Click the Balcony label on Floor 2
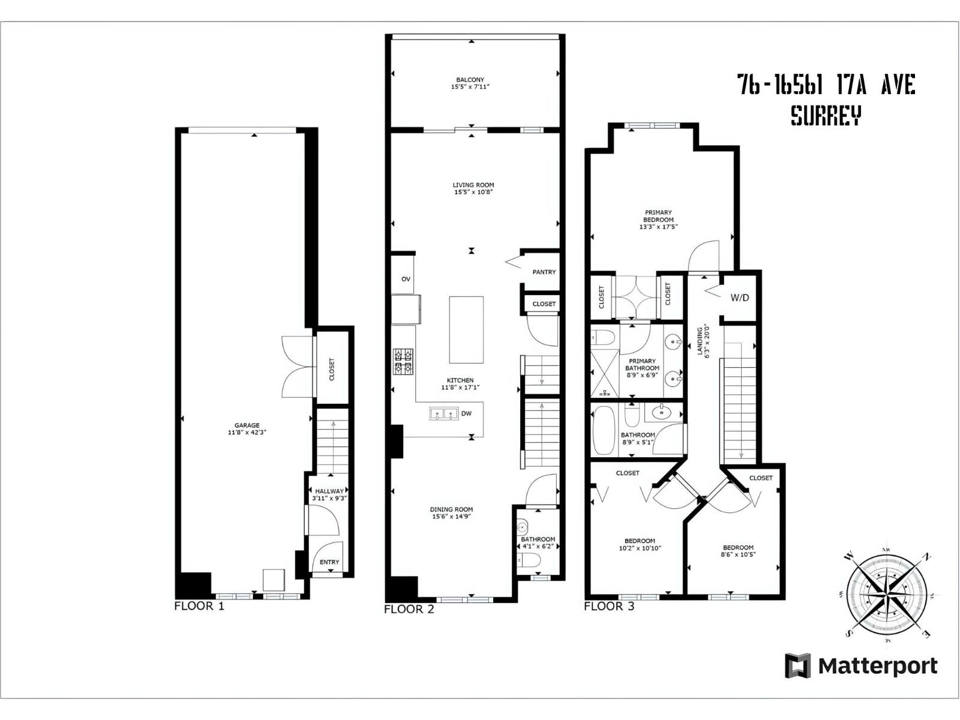point(470,80)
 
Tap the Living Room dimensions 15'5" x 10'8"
point(473,193)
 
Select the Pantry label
point(544,272)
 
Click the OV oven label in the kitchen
point(406,279)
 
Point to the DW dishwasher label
point(466,413)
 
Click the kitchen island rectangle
point(466,329)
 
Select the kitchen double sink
point(443,413)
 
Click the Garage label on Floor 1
point(247,425)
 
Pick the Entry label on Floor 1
point(329,562)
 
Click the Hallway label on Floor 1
point(329,491)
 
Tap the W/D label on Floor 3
point(739,298)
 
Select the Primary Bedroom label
point(658,216)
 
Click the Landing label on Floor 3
point(700,342)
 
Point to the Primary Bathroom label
point(642,365)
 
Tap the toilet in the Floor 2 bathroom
point(530,560)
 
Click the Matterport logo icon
point(798,666)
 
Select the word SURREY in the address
point(826,115)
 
